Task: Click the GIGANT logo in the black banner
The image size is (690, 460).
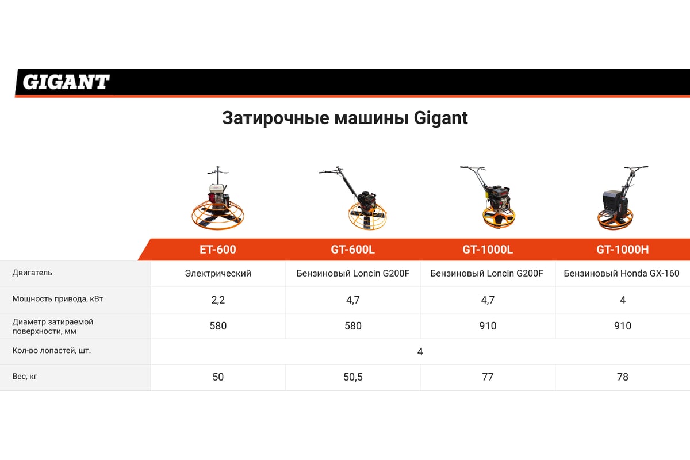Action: (x=66, y=82)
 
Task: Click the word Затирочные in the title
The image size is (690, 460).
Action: (x=275, y=118)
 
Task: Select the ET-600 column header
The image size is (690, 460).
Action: (x=218, y=249)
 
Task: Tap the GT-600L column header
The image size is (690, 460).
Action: (x=352, y=249)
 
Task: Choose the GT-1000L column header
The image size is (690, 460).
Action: (x=488, y=249)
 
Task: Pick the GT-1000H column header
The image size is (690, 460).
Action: (x=623, y=249)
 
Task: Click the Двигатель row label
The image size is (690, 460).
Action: (x=32, y=273)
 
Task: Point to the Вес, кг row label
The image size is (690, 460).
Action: (x=25, y=376)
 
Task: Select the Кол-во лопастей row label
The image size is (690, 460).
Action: (x=51, y=350)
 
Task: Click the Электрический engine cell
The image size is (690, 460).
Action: (x=218, y=273)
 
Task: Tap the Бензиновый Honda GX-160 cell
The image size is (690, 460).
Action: (x=622, y=273)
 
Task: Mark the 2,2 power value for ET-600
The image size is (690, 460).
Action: (x=218, y=300)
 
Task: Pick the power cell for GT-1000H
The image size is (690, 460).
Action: (x=623, y=300)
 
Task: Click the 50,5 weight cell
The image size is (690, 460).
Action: (x=353, y=377)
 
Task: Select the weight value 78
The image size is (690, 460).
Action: (x=623, y=377)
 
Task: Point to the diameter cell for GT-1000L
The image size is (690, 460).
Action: (x=488, y=325)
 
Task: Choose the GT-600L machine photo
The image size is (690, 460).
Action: (x=354, y=198)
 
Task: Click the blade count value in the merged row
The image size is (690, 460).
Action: (x=420, y=351)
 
